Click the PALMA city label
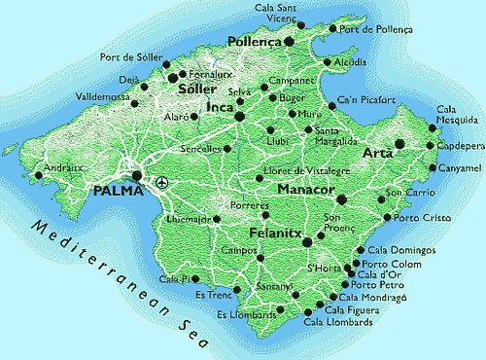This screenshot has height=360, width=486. (x=118, y=191)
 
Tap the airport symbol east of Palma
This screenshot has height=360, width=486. (x=161, y=181)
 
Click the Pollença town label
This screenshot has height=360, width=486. (x=254, y=42)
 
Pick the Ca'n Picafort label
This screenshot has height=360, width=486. (x=366, y=99)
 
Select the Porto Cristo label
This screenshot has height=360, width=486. (x=424, y=218)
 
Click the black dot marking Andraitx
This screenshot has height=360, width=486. (x=37, y=176)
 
